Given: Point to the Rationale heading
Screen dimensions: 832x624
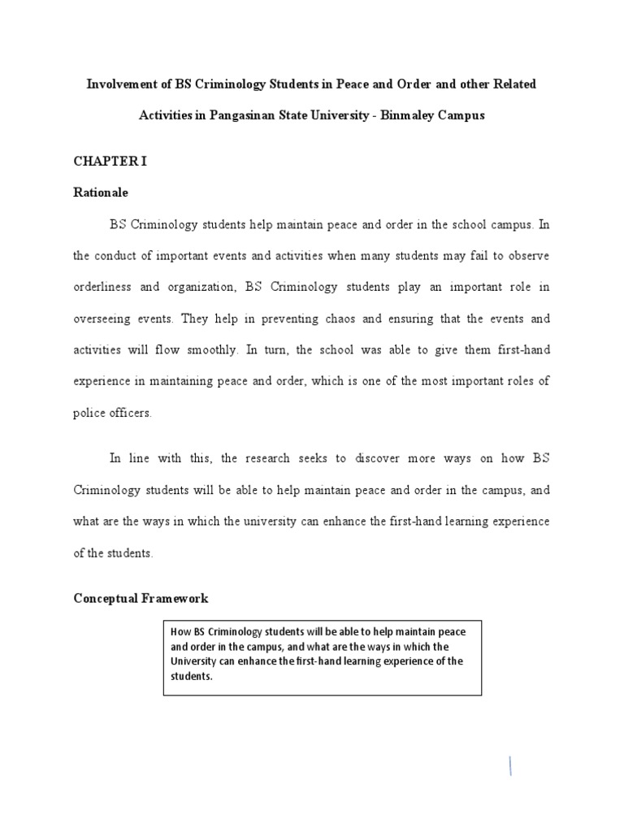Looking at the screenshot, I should tap(101, 193).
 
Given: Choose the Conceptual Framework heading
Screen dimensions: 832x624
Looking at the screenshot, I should tap(141, 599).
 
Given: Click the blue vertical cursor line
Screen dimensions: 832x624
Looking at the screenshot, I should tap(510, 765).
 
